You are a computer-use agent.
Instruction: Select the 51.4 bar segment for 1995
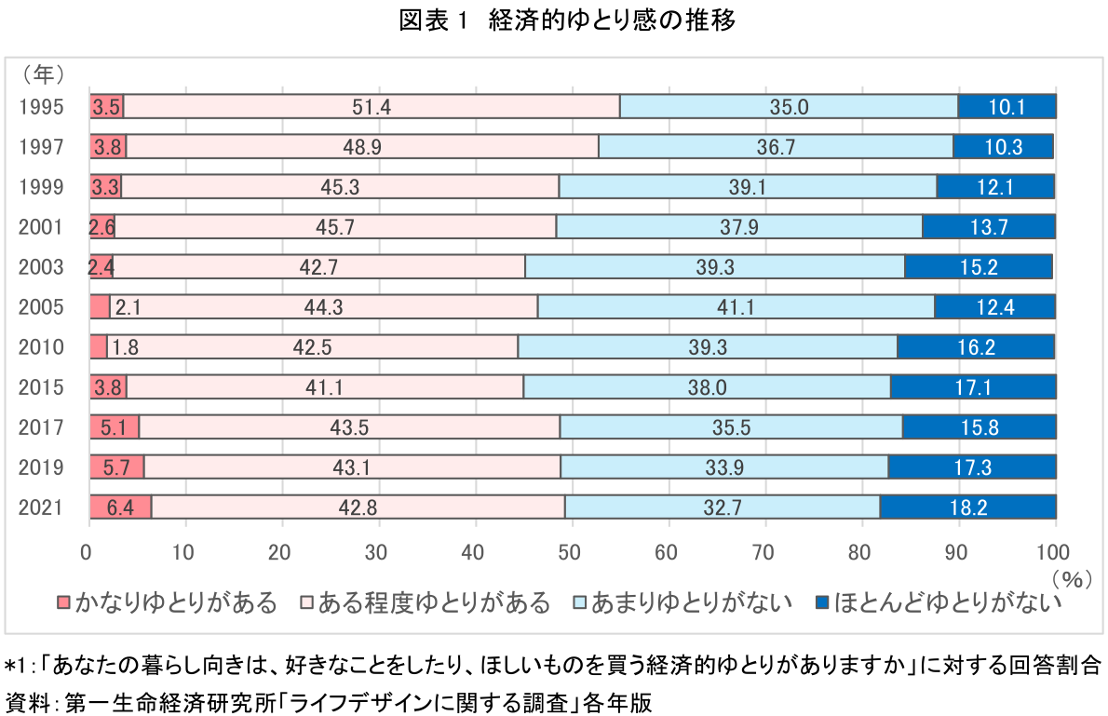pyautogui.click(x=371, y=106)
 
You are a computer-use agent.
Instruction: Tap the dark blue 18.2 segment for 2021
pyautogui.click(x=967, y=507)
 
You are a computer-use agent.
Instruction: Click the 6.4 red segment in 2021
pyautogui.click(x=120, y=507)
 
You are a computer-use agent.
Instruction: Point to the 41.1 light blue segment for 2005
pyautogui.click(x=736, y=306)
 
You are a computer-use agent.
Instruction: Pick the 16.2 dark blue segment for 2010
pyautogui.click(x=976, y=346)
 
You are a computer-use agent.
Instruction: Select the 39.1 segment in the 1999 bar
pyautogui.click(x=748, y=186)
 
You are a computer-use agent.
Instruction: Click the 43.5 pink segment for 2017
pyautogui.click(x=349, y=426)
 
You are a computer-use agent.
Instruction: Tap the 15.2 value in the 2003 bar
pyautogui.click(x=979, y=266)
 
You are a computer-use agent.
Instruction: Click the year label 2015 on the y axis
pyautogui.click(x=41, y=386)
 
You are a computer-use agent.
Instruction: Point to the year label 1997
pyautogui.click(x=41, y=146)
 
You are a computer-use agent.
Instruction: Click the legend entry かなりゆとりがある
pyautogui.click(x=169, y=603)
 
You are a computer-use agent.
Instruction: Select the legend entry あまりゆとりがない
pyautogui.click(x=684, y=603)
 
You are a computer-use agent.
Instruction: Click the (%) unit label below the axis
pyautogui.click(x=1071, y=578)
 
